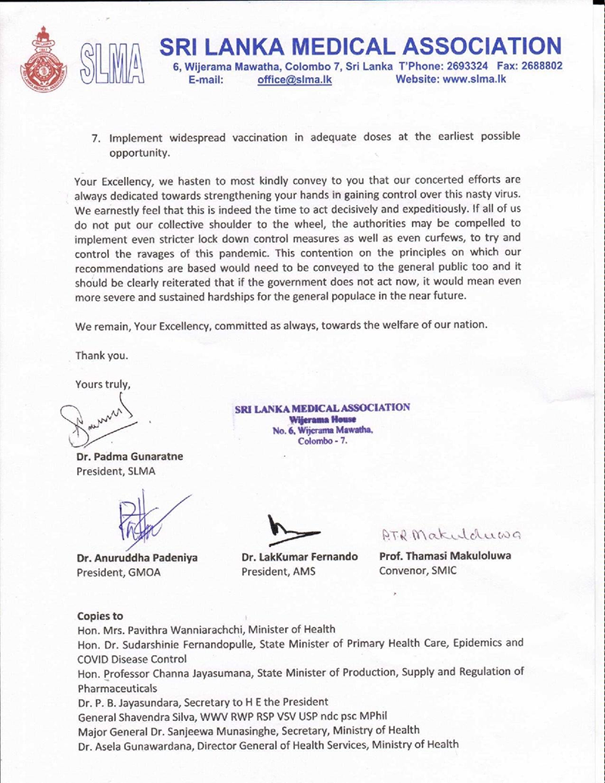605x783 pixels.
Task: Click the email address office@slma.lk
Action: point(294,80)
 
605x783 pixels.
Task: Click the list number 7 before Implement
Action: point(95,138)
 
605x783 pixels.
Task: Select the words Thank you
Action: point(101,355)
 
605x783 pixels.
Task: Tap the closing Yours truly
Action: point(103,384)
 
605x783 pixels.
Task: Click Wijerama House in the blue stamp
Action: point(322,418)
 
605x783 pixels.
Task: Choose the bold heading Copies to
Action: point(100,616)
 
